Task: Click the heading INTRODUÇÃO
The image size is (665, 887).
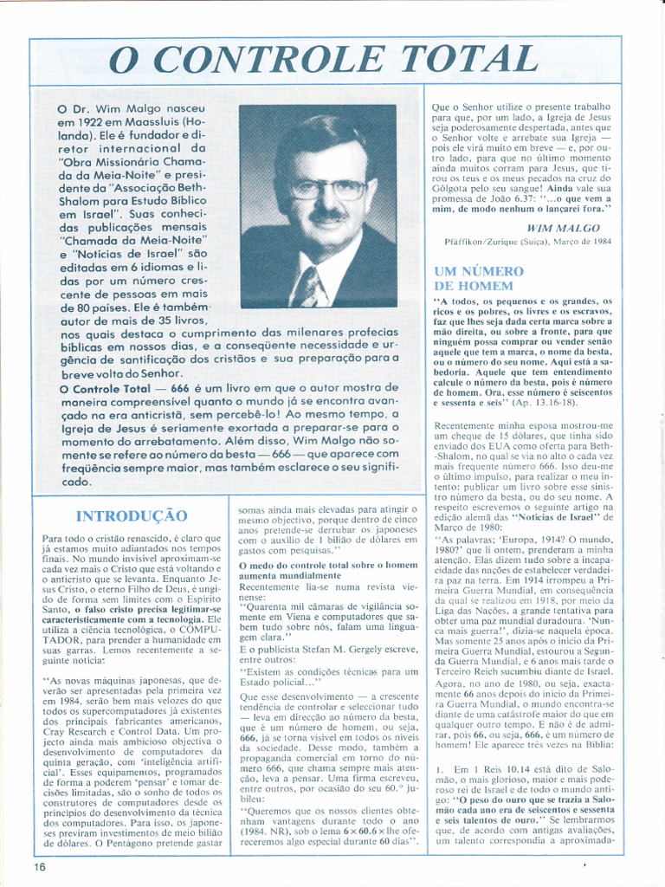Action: point(132,516)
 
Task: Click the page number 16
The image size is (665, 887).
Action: point(40,866)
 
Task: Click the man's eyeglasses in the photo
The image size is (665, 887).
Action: point(327,188)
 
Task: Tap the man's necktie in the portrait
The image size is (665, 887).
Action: point(309,287)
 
